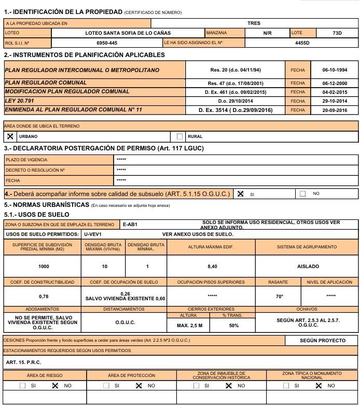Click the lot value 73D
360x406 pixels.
point(337,33)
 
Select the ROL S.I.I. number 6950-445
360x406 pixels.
point(107,43)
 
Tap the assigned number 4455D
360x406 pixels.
point(302,43)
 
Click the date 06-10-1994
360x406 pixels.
point(335,69)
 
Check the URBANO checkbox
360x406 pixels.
point(10,136)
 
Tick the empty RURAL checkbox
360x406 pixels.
point(180,136)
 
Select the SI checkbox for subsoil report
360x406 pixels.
point(240,193)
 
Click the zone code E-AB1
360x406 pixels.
point(130,225)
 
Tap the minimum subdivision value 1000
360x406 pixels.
point(44,266)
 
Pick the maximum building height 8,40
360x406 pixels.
point(211,266)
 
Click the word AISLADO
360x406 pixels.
point(308,266)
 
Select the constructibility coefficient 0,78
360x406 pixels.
point(44,296)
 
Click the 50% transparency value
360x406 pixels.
point(233,325)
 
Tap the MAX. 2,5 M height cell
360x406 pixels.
point(189,325)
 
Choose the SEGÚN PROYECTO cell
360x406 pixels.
point(323,341)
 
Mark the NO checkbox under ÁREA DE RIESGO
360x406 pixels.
point(56,386)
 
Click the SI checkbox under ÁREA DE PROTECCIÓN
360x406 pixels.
point(106,386)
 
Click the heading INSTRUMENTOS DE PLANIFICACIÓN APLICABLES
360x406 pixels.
point(88,54)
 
